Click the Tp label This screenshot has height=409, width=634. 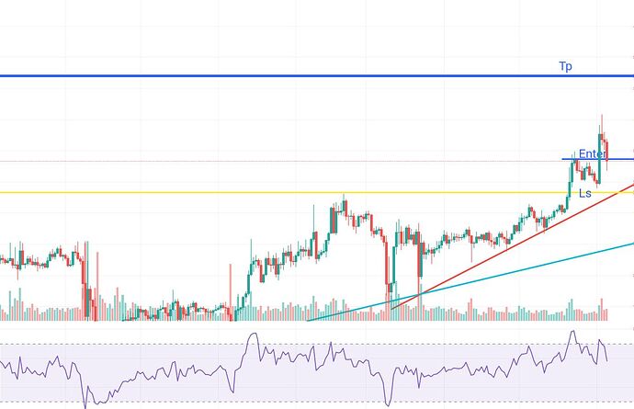566,66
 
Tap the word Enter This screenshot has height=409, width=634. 592,154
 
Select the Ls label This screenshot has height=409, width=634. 584,193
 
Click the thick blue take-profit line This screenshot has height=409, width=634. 276,75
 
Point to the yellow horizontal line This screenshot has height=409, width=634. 184,192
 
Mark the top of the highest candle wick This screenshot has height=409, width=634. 601,115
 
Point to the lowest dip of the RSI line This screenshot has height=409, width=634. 86,406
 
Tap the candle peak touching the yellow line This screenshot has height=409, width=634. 343,195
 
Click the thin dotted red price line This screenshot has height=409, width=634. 276,162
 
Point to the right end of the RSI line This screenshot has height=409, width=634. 607,361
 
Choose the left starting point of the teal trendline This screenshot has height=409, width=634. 308,321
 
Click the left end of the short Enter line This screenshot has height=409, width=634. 562,160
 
